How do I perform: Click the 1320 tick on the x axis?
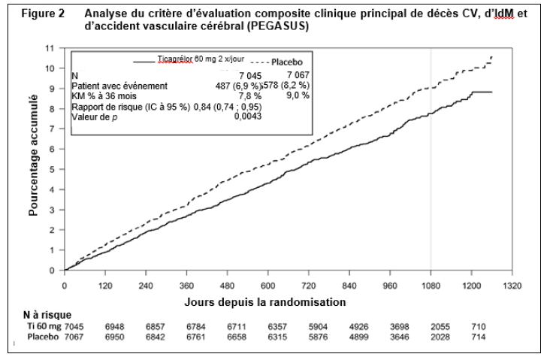click(x=512, y=286)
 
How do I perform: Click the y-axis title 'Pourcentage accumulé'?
click(x=34, y=165)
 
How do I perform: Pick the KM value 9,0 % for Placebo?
click(x=297, y=96)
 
